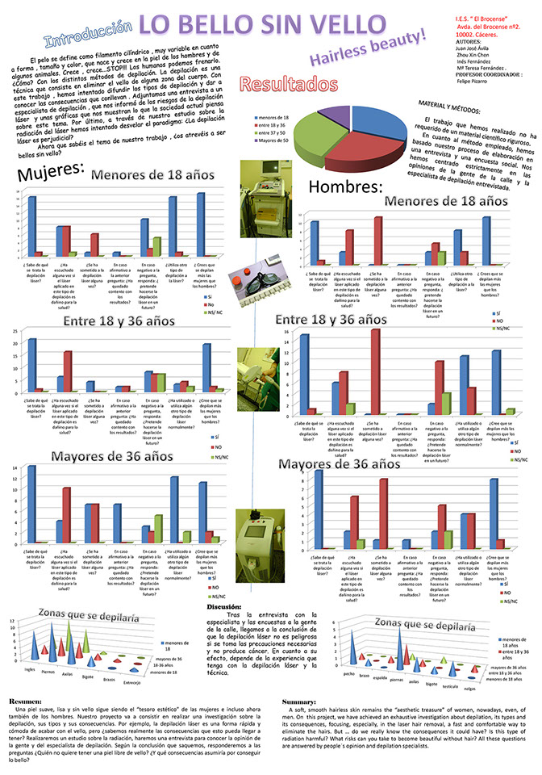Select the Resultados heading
pos(284,83)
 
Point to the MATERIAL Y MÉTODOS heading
pos(451,106)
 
